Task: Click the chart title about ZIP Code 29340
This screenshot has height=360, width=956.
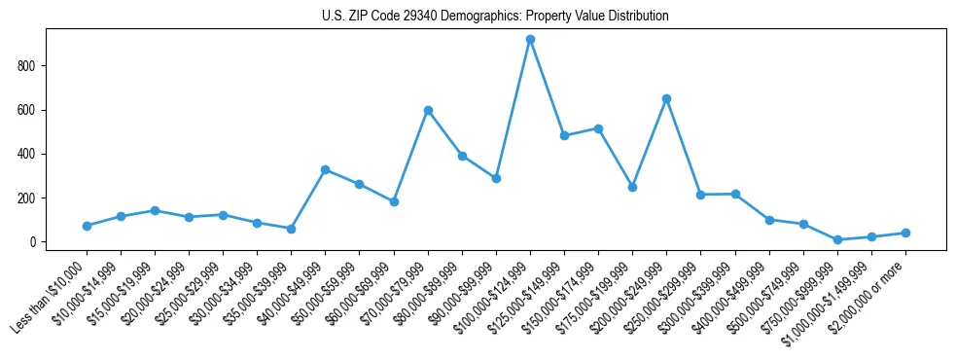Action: click(495, 17)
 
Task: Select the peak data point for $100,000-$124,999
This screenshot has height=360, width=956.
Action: click(530, 40)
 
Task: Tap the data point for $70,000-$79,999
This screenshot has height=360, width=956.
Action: click(428, 111)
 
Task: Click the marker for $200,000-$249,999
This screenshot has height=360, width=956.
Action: click(666, 98)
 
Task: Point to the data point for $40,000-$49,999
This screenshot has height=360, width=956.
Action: click(325, 169)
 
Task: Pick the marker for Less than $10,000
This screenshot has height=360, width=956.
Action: click(87, 226)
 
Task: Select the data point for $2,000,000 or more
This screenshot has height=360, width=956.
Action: click(905, 233)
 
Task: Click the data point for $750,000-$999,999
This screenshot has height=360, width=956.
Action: click(837, 239)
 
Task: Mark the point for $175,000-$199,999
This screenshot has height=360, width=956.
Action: click(632, 187)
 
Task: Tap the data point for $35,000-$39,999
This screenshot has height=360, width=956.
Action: click(291, 229)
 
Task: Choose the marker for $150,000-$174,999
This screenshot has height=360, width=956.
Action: click(598, 128)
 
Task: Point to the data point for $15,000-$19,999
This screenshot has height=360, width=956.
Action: click(155, 210)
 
